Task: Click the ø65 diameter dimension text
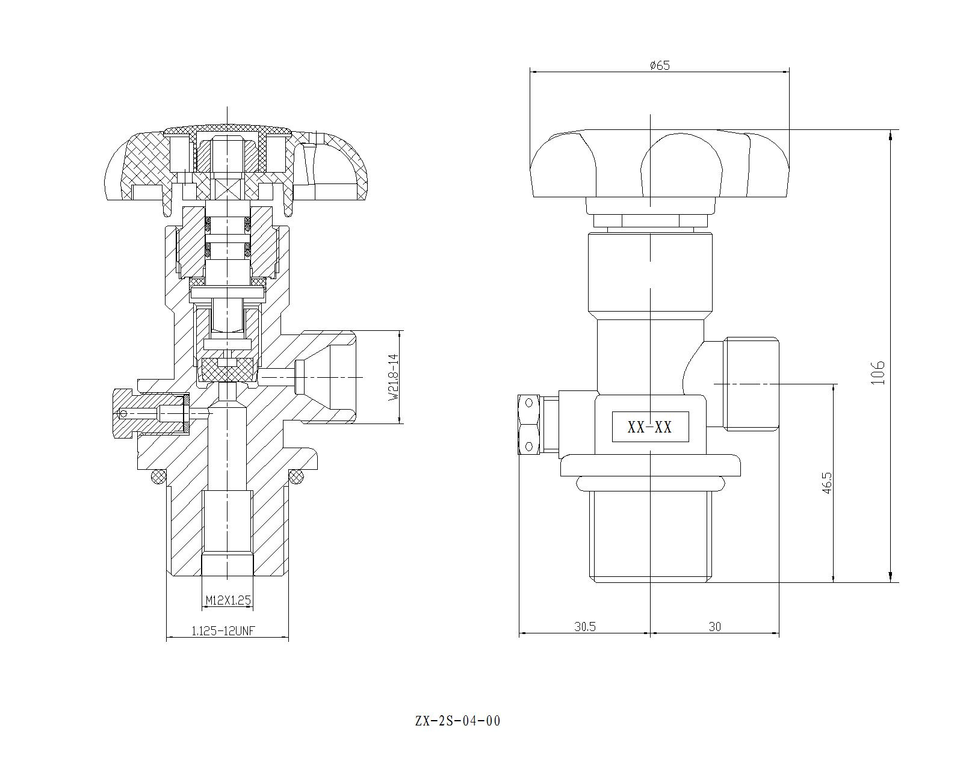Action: tap(660, 65)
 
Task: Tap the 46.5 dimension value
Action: tap(827, 482)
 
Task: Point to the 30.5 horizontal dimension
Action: tap(584, 626)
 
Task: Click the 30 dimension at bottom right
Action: tap(714, 626)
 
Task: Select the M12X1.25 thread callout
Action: tap(228, 600)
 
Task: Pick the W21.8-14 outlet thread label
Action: tap(394, 377)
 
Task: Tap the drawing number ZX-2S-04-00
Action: tap(457, 721)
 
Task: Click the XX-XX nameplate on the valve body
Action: tap(650, 427)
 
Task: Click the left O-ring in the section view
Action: tap(159, 476)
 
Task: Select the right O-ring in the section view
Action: tap(296, 476)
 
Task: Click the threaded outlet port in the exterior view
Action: tap(751, 384)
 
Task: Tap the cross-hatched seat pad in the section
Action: tap(228, 369)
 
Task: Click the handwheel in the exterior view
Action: tap(660, 164)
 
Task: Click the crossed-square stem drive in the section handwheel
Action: tap(228, 188)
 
